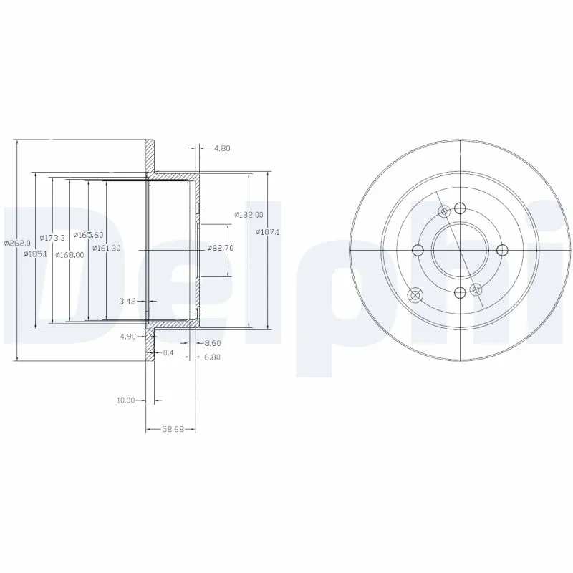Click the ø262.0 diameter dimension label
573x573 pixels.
pyautogui.click(x=16, y=243)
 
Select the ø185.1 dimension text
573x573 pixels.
pyautogui.click(x=35, y=254)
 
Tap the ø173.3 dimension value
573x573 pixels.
pyautogui.click(x=52, y=237)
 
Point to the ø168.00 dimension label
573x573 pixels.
pyautogui.click(x=69, y=254)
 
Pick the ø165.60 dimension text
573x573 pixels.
pyautogui.click(x=89, y=235)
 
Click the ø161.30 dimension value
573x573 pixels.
pyautogui.click(x=106, y=248)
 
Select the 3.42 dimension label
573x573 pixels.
pyautogui.click(x=127, y=302)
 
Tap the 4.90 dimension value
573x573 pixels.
pyautogui.click(x=128, y=335)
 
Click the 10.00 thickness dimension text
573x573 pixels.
pyautogui.click(x=126, y=400)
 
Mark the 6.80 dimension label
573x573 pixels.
pyautogui.click(x=213, y=357)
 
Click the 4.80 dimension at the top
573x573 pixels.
pyautogui.click(x=221, y=149)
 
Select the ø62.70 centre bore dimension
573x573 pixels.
pyautogui.click(x=220, y=248)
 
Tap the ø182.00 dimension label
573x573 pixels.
pyautogui.click(x=249, y=215)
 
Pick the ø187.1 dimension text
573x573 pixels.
pyautogui.click(x=268, y=232)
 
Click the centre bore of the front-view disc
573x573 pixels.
pyautogui.click(x=459, y=249)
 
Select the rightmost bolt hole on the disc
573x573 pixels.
pyautogui.click(x=501, y=249)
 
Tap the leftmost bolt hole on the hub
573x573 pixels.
pyautogui.click(x=417, y=249)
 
